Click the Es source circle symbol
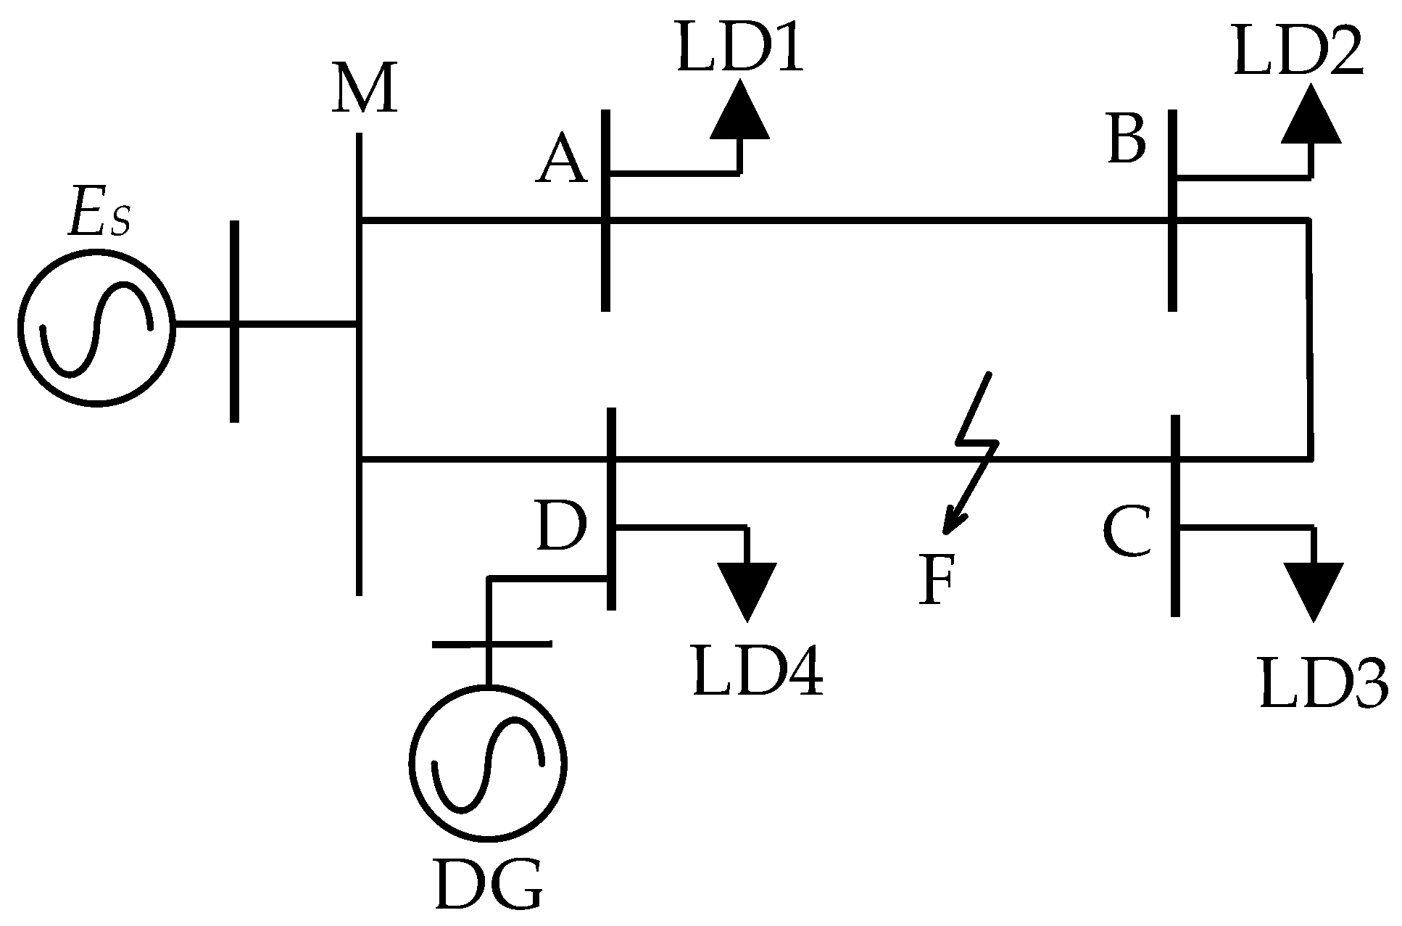pyautogui.click(x=96, y=326)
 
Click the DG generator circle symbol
pyautogui.click(x=487, y=762)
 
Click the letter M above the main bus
pyautogui.click(x=365, y=89)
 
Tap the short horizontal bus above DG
pyautogui.click(x=491, y=643)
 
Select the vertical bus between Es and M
pyautogui.click(x=234, y=321)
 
